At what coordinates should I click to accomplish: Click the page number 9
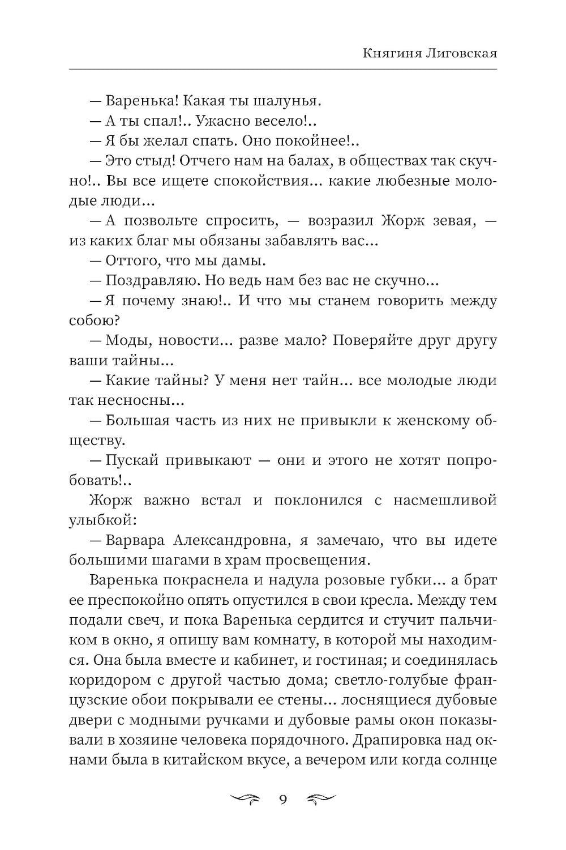click(282, 800)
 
